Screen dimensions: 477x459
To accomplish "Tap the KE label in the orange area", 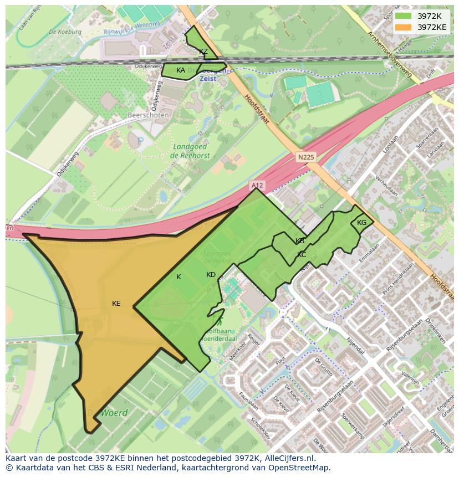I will coord(116,304).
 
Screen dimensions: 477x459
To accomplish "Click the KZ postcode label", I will coord(203,52).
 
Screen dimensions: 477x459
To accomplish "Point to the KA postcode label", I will coord(181,70).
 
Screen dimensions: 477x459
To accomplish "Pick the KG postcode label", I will coord(362,223).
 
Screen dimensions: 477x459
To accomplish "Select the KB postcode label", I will coord(300,241).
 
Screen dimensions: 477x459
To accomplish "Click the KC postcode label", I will coord(302,255).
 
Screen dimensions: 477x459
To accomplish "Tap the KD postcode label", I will coord(211,275).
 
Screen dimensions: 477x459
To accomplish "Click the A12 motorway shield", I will coord(256,185).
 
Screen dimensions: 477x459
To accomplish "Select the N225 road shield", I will coord(305,157).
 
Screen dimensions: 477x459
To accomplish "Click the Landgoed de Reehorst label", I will coord(189,151).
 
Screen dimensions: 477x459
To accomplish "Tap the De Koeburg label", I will coord(65,32).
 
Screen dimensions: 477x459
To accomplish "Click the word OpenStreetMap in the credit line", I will coord(302,468).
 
